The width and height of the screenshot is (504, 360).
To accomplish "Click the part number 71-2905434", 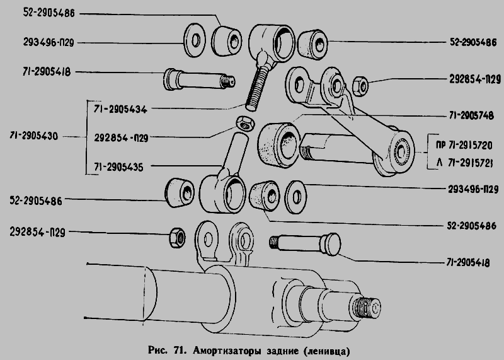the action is click(120, 109).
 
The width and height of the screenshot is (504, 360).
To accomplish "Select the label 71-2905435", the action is click(118, 167).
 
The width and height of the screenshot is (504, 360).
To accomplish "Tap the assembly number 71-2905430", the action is click(34, 136).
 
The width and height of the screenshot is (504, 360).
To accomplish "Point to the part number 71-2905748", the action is click(471, 115).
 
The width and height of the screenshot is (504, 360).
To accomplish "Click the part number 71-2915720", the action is click(471, 146).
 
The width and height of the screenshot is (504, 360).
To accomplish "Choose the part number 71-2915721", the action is click(471, 163).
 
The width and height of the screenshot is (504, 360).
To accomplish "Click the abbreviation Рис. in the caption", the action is click(158, 350).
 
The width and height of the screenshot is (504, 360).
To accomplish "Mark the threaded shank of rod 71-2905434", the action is click(256, 88).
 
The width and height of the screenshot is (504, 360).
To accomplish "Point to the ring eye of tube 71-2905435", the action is click(222, 194).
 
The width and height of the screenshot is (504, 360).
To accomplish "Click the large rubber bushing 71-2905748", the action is click(279, 144).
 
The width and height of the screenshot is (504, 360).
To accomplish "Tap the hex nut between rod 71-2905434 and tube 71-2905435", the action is click(246, 124).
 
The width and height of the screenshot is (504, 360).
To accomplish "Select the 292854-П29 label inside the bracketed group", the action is click(121, 138).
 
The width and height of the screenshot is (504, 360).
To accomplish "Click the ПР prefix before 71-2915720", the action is click(440, 146).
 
